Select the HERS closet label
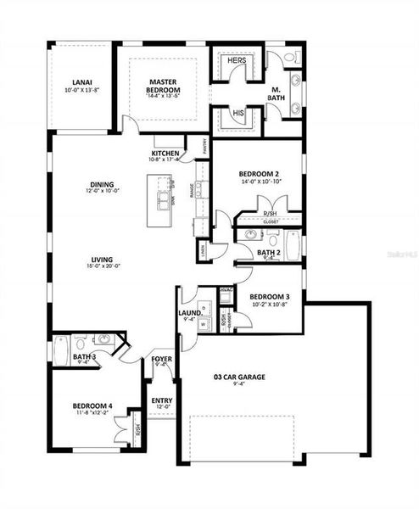click(236, 61)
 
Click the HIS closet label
click(237, 112)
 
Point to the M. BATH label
click(277, 92)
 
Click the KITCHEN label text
click(165, 153)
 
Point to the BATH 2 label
click(268, 253)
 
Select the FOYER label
click(161, 359)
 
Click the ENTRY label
click(161, 400)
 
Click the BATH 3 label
click(82, 357)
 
